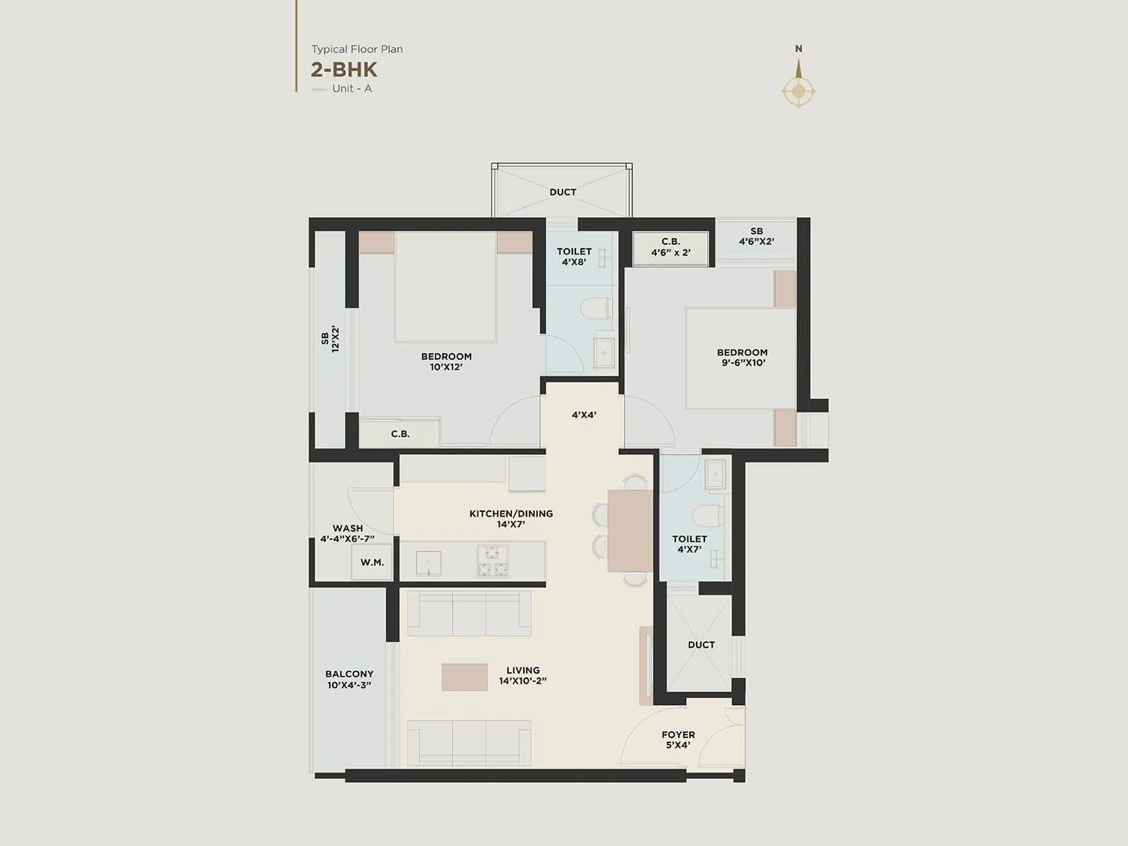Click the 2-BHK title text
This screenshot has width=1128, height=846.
pos(344,70)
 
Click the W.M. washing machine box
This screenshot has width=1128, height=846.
pos(372,562)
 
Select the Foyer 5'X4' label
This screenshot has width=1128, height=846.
pos(678,740)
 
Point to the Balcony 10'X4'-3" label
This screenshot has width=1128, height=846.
pos(349,679)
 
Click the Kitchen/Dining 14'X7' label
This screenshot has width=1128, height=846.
pos(510,519)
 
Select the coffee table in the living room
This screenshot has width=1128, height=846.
pos(465,677)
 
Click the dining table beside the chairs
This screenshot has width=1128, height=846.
pos(630,530)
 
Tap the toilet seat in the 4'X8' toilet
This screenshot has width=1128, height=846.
pos(597,308)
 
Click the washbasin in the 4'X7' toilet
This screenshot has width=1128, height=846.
pos(715,474)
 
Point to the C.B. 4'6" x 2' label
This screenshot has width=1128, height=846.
pos(670,247)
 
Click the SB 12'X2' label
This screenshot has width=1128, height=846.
pos(330,339)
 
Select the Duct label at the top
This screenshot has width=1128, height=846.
pos(563,192)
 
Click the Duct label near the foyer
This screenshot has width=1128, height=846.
pos(701,644)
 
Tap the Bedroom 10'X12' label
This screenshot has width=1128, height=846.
pos(446,361)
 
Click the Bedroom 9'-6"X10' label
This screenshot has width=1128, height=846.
pos(742,357)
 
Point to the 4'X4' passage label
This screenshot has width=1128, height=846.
pos(584,415)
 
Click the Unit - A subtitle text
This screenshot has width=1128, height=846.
pos(352,89)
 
